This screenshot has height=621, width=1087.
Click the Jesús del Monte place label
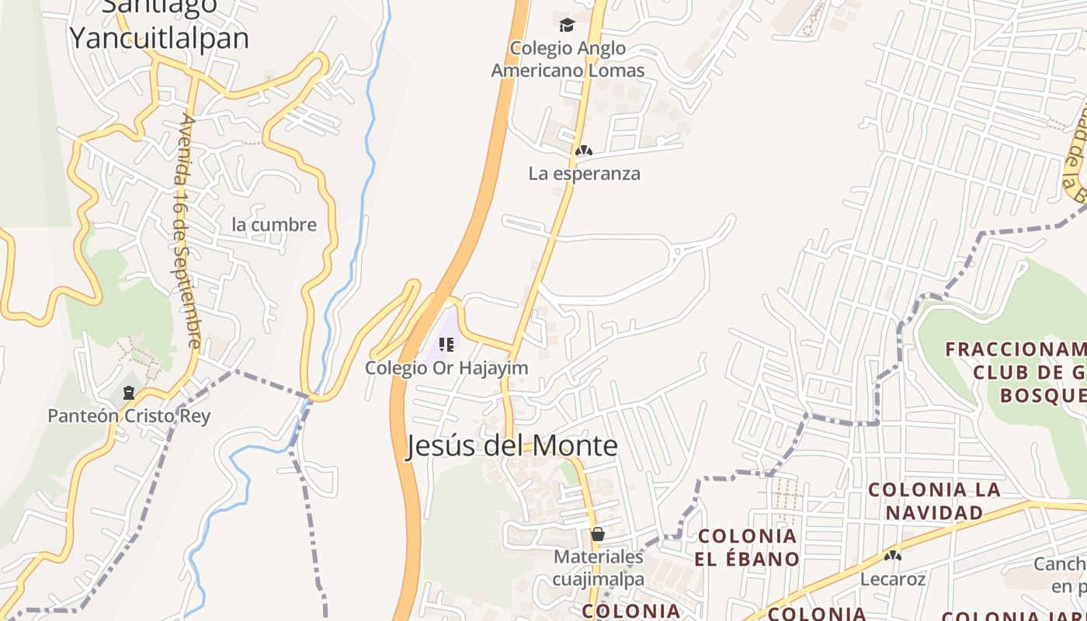(x=512, y=446)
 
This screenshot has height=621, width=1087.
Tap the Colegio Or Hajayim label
(x=446, y=368)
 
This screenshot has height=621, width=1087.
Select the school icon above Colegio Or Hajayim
(x=446, y=344)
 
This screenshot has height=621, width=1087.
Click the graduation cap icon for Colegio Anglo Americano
(x=567, y=26)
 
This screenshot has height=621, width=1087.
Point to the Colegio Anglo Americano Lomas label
(x=568, y=59)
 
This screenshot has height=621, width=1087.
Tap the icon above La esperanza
(x=584, y=150)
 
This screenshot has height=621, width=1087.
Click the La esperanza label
(x=584, y=173)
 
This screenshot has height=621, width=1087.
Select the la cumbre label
(x=274, y=225)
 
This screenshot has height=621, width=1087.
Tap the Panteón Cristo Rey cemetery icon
(x=128, y=394)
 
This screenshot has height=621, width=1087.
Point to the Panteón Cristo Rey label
(x=129, y=416)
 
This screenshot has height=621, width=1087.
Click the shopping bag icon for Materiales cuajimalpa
(x=598, y=534)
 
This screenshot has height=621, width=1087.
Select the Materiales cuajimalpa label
(x=599, y=568)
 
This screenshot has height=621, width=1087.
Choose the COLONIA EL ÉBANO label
(x=748, y=547)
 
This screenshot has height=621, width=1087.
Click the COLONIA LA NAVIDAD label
(x=934, y=501)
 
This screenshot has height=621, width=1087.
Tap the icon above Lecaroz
(x=893, y=556)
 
